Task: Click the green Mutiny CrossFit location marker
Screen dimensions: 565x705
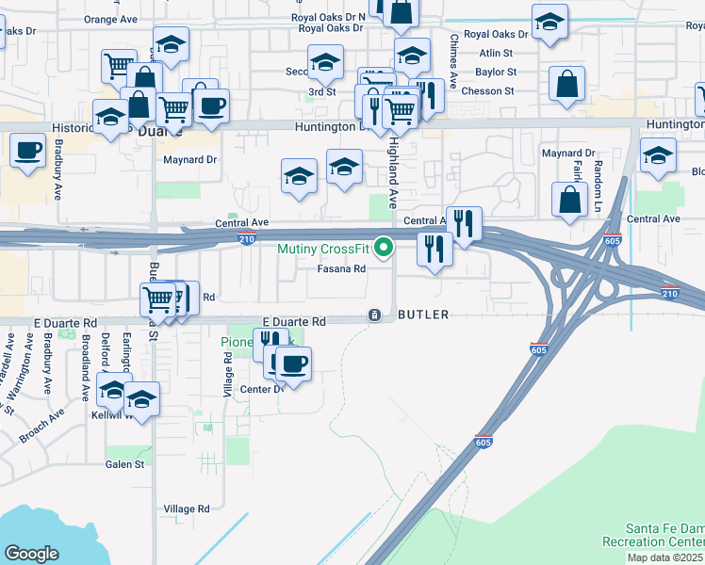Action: (x=384, y=248)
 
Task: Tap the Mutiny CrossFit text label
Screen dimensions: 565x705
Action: (x=322, y=249)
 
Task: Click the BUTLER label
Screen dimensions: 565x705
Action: (x=422, y=315)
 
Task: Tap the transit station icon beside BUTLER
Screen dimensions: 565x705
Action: (x=374, y=315)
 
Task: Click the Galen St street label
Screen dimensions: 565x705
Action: (x=125, y=463)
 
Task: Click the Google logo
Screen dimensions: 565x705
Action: (x=30, y=554)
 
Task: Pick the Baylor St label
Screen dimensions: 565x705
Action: (x=496, y=72)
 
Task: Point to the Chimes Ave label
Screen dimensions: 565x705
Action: (x=453, y=62)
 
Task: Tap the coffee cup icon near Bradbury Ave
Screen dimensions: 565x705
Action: (x=28, y=150)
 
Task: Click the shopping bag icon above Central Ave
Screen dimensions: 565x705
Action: (x=570, y=200)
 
